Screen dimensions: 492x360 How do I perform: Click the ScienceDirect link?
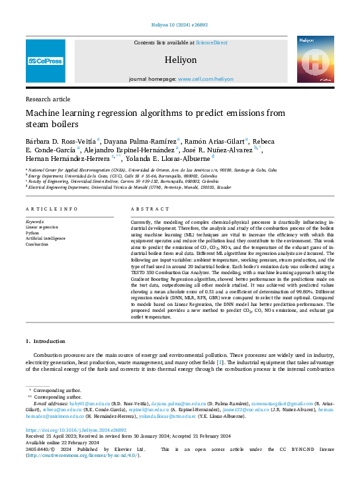point(211,43)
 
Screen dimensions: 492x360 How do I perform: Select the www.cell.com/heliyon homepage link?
point(206,79)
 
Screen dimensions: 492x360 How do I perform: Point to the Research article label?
point(48,99)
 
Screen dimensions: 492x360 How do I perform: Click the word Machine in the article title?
point(47,113)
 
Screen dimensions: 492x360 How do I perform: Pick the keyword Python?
point(34,233)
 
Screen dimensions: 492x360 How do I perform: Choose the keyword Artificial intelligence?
point(46,238)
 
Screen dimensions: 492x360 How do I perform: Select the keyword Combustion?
point(38,244)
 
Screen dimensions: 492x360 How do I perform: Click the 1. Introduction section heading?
point(46,342)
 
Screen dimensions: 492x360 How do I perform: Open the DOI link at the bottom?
point(67,429)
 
